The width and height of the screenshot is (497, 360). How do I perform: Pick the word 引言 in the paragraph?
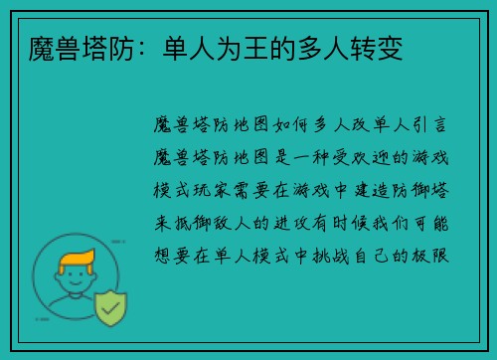coord(437,128)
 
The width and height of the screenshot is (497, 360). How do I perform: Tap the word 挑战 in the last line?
coord(338,255)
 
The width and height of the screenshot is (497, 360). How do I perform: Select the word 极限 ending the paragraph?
coord(437,255)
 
